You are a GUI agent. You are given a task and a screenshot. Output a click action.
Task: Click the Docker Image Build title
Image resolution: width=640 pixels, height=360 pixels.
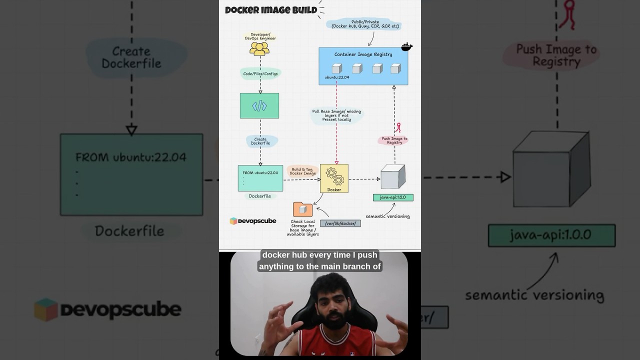tap(271, 10)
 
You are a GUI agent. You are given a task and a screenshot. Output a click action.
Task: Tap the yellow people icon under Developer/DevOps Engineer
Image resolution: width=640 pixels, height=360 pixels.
tap(259, 48)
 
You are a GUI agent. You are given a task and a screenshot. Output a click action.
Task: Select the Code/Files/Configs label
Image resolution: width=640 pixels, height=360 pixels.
tap(260, 74)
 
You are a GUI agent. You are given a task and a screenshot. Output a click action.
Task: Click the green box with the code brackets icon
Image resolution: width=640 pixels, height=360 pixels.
tap(259, 105)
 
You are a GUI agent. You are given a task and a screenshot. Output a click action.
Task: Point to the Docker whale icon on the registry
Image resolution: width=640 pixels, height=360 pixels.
tap(407, 46)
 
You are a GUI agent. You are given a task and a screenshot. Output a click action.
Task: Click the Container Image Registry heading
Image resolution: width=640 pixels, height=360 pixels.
tap(363, 54)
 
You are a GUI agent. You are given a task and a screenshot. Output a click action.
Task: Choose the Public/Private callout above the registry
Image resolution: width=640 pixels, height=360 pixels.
tap(365, 24)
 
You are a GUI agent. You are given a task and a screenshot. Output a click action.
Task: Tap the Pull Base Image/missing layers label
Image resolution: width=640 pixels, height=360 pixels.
tap(336, 115)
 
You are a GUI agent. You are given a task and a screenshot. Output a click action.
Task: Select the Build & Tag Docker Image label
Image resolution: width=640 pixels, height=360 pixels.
tap(302, 171)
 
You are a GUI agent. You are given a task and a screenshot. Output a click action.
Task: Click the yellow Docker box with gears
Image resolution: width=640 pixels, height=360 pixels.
tap(334, 178)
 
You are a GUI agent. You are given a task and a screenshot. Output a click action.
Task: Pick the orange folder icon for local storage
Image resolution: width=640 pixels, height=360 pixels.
tap(302, 209)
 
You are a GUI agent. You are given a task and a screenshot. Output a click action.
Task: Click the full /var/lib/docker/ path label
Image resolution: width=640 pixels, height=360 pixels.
tap(340, 223)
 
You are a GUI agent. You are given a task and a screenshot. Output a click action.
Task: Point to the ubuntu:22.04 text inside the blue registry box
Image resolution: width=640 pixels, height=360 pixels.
tap(337, 77)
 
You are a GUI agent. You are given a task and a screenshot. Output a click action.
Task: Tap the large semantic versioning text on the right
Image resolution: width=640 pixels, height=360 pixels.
tap(534, 295)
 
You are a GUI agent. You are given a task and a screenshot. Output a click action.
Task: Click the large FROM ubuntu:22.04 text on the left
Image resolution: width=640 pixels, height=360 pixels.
tap(130, 157)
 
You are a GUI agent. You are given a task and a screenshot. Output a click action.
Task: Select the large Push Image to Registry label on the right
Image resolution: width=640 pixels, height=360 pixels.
tap(556, 55)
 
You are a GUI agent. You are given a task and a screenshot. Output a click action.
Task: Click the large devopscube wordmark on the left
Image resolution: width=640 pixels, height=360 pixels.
tap(120, 309)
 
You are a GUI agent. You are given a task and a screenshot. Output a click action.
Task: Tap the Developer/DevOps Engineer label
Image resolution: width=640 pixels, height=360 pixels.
tap(260, 36)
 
